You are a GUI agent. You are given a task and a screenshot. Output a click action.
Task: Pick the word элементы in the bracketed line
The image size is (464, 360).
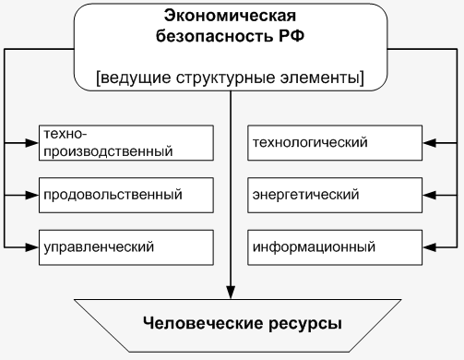(x=325, y=78)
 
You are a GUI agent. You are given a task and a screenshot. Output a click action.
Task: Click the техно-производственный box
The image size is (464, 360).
(x=125, y=142)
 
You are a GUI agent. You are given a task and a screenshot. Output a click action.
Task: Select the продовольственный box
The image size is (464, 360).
(x=125, y=195)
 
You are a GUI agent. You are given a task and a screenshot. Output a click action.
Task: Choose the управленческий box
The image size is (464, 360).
(x=125, y=247)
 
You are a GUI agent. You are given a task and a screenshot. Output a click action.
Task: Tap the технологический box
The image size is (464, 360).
(x=337, y=142)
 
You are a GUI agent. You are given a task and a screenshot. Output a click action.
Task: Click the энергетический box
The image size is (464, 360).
(x=337, y=195)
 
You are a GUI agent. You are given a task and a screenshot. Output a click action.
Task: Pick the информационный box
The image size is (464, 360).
(x=337, y=247)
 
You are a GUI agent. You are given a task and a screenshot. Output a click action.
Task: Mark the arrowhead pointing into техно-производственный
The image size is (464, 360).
(x=32, y=142)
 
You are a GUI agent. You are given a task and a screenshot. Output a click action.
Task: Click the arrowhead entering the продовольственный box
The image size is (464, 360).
(x=32, y=195)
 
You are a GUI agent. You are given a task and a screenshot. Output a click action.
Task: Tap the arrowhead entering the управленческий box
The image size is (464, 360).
(x=32, y=247)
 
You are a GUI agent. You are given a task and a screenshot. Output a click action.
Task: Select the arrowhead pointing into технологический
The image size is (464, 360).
(x=432, y=142)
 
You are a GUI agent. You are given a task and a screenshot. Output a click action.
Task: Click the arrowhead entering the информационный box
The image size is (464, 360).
(x=432, y=247)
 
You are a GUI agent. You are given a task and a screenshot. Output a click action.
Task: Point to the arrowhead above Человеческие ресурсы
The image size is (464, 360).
(x=231, y=294)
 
